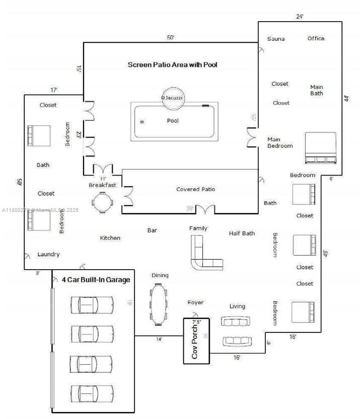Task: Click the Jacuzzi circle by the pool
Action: coord(173,98)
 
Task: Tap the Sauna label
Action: coord(276,39)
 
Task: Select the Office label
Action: coord(316,38)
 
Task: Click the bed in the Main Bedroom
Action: coord(321,148)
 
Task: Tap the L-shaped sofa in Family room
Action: coord(204,255)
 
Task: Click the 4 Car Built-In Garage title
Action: coord(96,280)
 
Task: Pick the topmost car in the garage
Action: coord(92,304)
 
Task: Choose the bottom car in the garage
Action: coord(92,392)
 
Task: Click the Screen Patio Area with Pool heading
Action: coord(172,65)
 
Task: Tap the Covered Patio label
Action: coord(195,189)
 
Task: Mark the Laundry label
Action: coord(48,255)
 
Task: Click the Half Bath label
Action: coord(242,233)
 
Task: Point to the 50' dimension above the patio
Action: coord(171,38)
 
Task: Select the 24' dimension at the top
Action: coord(300,17)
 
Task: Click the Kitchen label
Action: coord(110,238)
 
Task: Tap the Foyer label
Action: coord(195,302)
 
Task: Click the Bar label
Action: coord(152,230)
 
